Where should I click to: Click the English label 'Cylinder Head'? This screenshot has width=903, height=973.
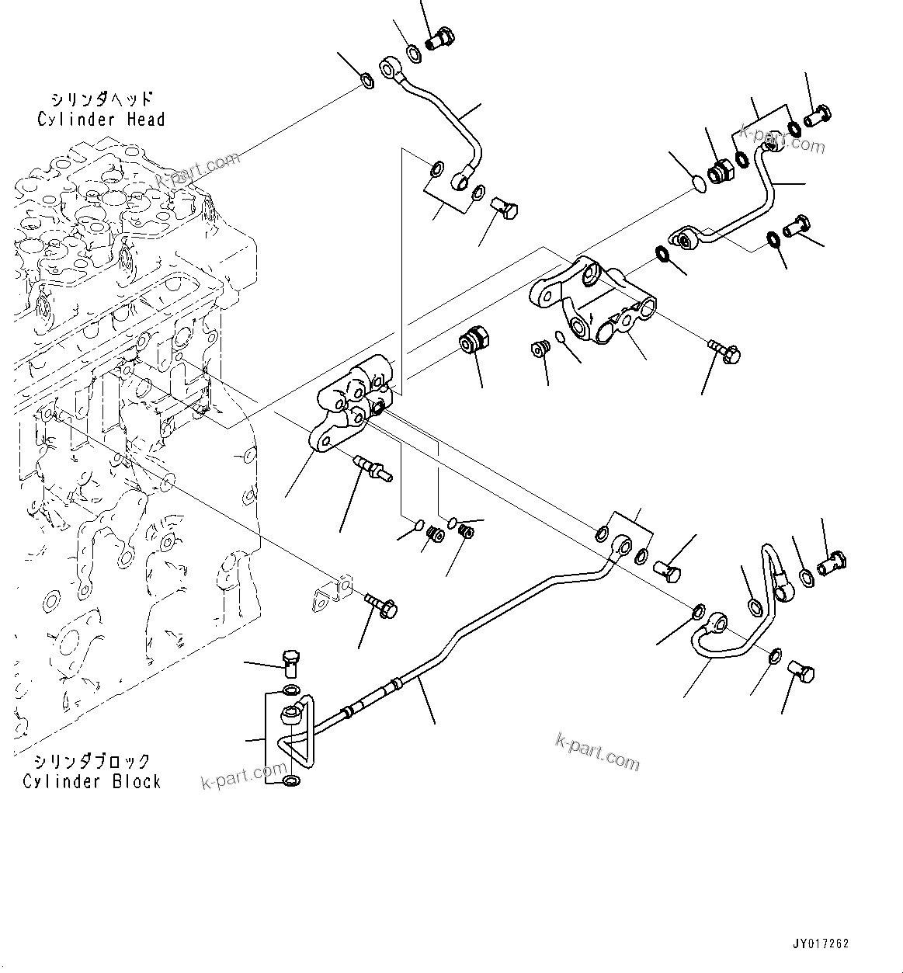(101, 119)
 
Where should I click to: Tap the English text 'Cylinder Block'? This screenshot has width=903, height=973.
(92, 781)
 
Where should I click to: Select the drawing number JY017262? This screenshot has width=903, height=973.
(821, 943)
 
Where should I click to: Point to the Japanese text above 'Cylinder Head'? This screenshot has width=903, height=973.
(101, 99)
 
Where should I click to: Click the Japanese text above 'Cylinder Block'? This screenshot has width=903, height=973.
(92, 762)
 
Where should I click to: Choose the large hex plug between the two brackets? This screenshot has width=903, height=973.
(472, 342)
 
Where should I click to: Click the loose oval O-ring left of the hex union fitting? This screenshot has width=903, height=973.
(698, 184)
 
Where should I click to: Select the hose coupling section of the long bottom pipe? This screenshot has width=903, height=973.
(373, 696)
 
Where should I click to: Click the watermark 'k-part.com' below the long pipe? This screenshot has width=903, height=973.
(598, 752)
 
